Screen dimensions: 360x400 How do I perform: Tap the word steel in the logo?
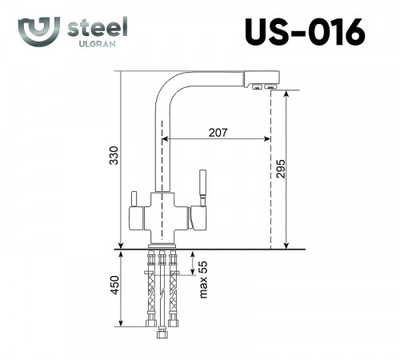pos(98,26)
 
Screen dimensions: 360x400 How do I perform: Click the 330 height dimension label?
pos(113,158)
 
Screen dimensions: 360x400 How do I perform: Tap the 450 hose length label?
pos(113,286)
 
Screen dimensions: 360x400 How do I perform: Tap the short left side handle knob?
pos(132,198)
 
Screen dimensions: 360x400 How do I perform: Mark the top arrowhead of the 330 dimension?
pos(119,74)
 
